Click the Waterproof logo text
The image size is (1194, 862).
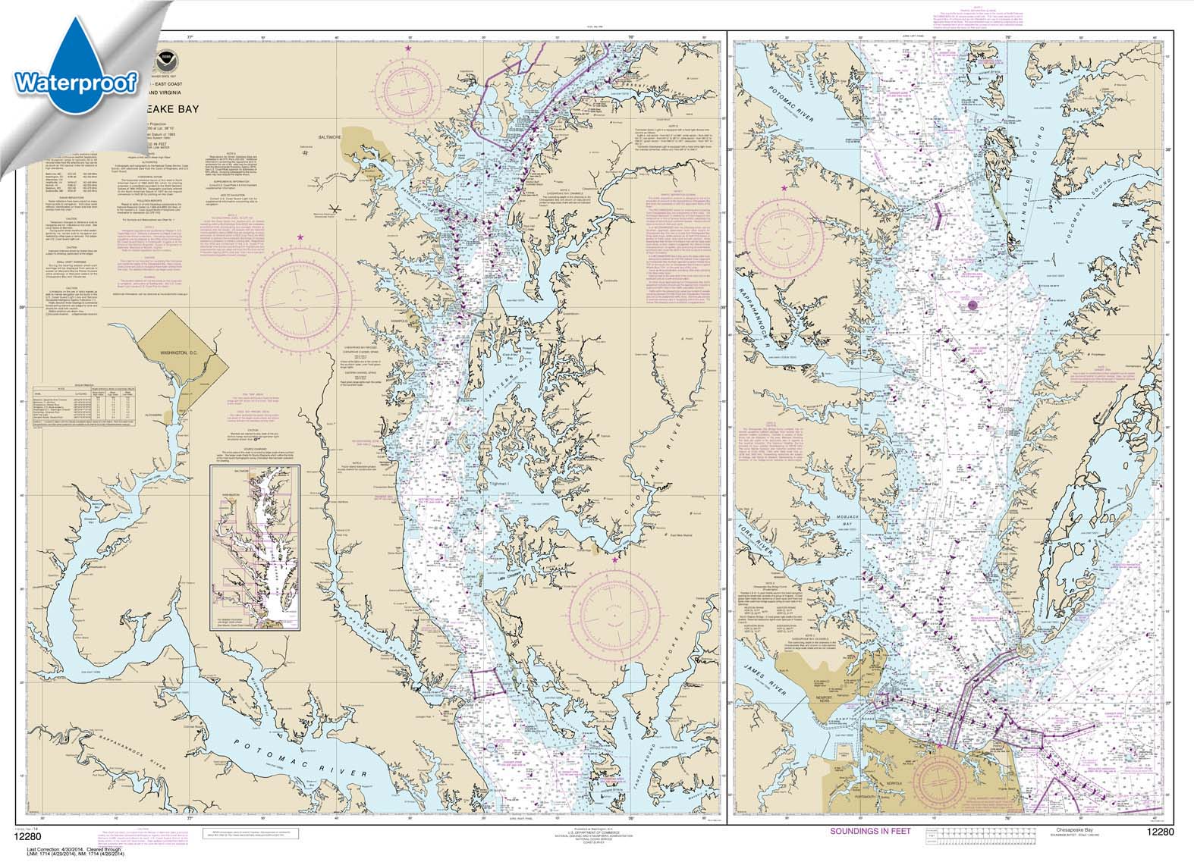pos(75,80)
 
